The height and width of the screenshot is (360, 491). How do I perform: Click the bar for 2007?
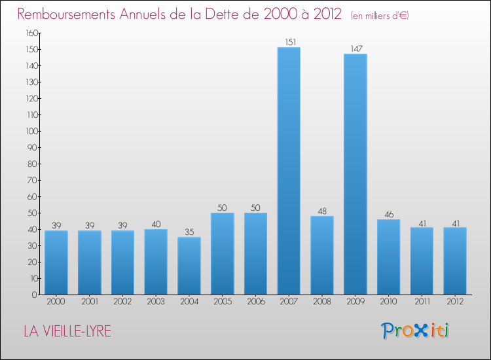[x=289, y=171]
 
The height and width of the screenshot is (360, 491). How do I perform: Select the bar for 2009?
[x=355, y=174]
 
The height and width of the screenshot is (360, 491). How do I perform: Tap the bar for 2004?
[x=189, y=266]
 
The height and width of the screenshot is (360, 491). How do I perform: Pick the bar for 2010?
[x=388, y=257]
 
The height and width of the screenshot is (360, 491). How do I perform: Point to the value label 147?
[x=355, y=49]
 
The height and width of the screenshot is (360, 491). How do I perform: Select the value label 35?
[x=189, y=232]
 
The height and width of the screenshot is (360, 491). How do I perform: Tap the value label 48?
[x=322, y=211]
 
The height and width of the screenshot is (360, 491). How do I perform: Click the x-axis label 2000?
[x=56, y=302]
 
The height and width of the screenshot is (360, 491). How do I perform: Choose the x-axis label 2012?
[x=455, y=302]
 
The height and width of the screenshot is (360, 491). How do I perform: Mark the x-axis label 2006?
[x=255, y=302]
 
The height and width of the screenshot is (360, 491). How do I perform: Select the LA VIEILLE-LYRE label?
[x=67, y=332]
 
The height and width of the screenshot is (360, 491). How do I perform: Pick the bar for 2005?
[x=223, y=253]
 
